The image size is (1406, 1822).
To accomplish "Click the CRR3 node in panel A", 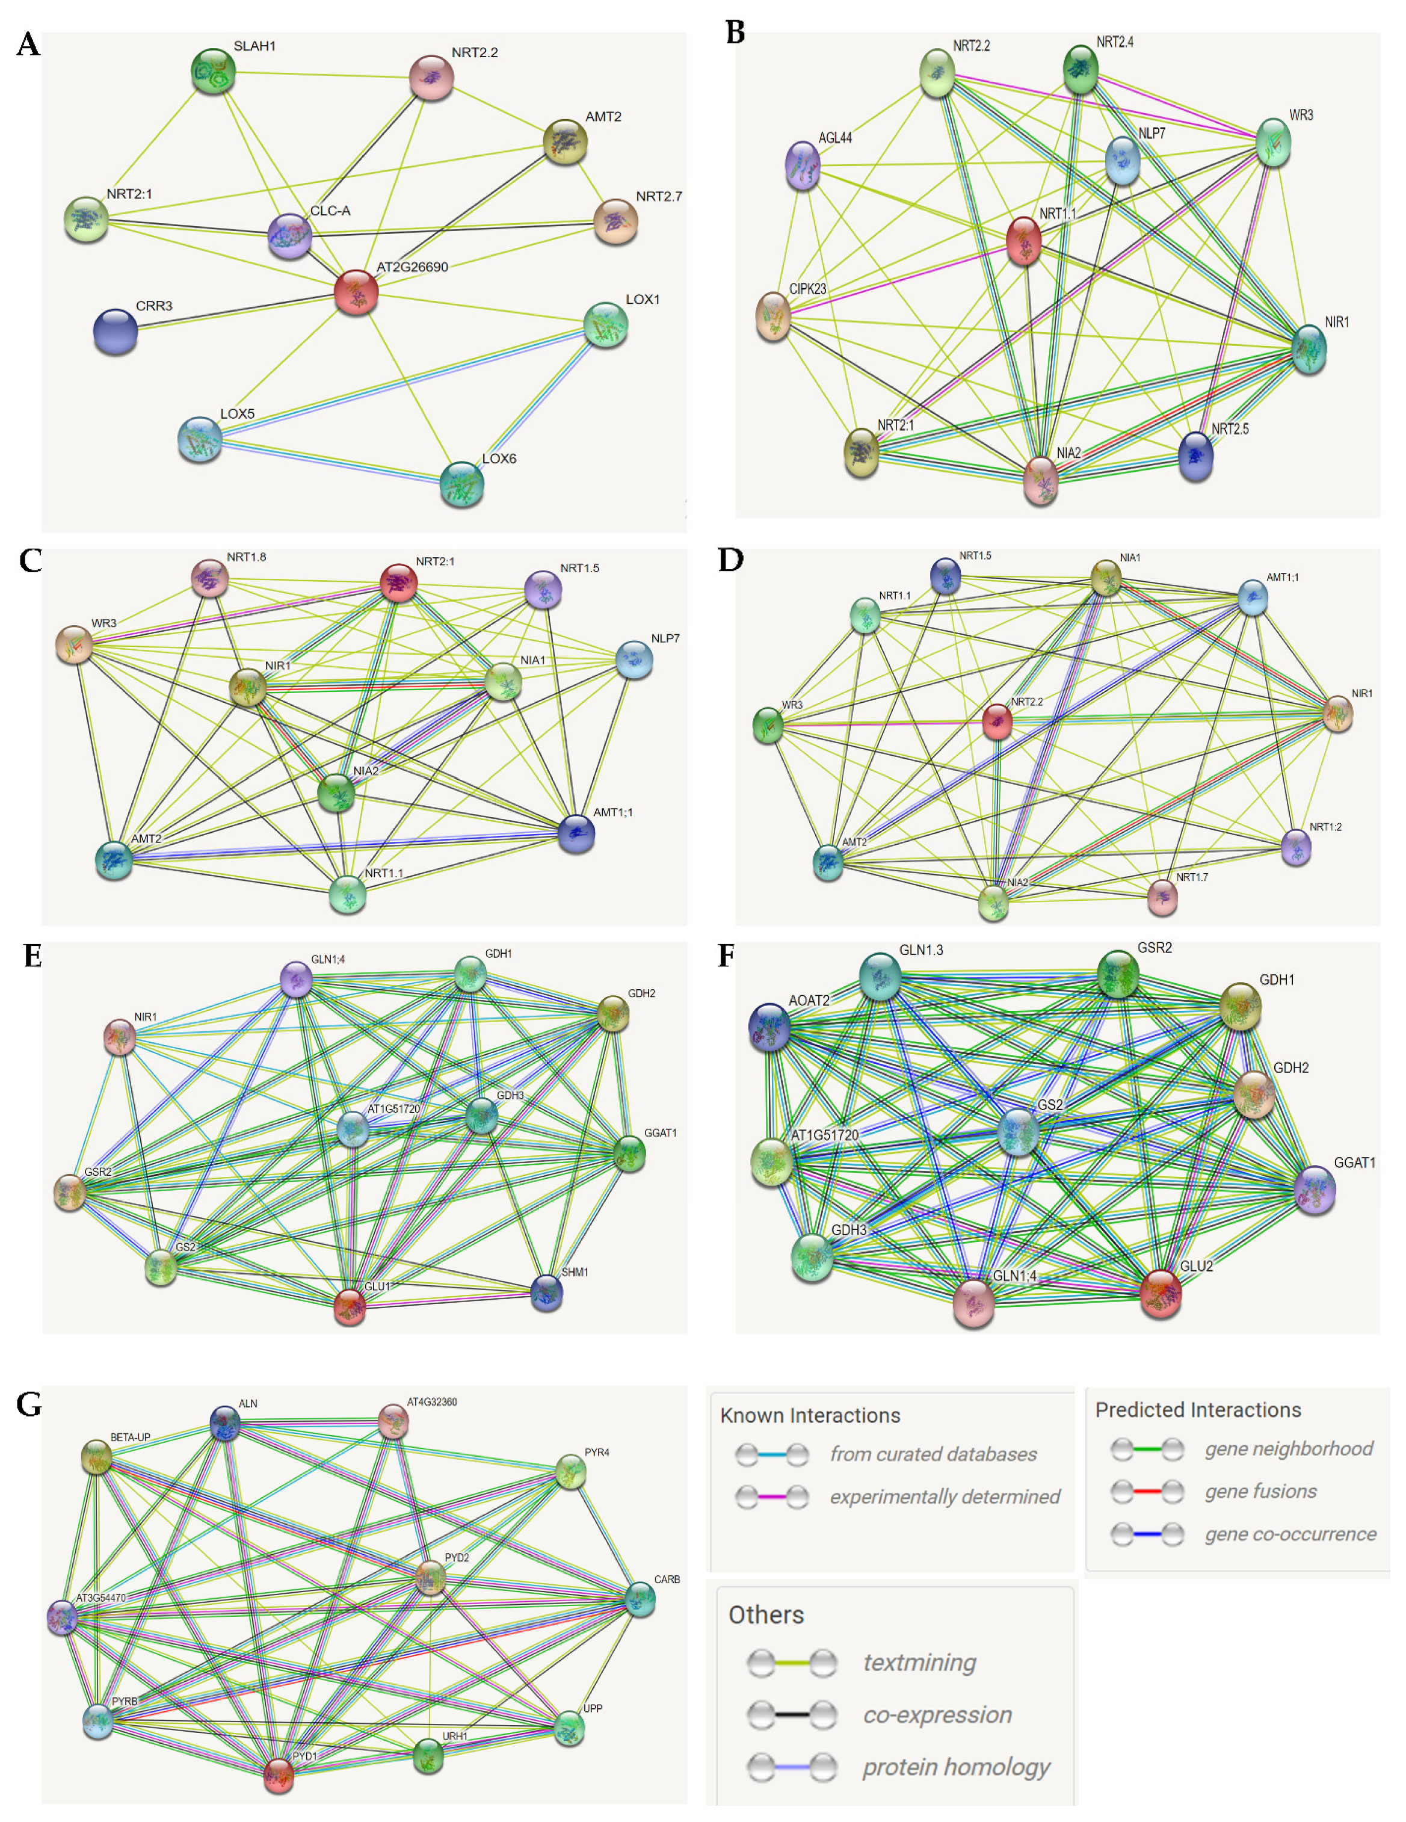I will (115, 330).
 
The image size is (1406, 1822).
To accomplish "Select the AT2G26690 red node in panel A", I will (356, 292).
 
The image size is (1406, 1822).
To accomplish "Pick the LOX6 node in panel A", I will (461, 484).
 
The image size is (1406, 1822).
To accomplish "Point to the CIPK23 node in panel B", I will (773, 316).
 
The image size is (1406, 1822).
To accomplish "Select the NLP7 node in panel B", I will (1123, 160).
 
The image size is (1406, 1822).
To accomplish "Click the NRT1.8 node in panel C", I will (209, 577).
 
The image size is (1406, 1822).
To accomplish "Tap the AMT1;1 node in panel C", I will (576, 833).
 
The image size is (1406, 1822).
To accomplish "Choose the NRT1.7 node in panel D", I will (1162, 897).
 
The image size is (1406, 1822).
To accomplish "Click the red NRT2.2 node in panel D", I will (997, 721).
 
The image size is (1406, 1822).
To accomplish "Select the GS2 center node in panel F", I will (1018, 1132).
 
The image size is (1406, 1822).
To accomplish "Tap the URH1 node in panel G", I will (428, 1755).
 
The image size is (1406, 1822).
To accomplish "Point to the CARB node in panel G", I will (641, 1598).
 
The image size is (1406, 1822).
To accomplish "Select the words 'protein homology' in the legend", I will (955, 1766).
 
